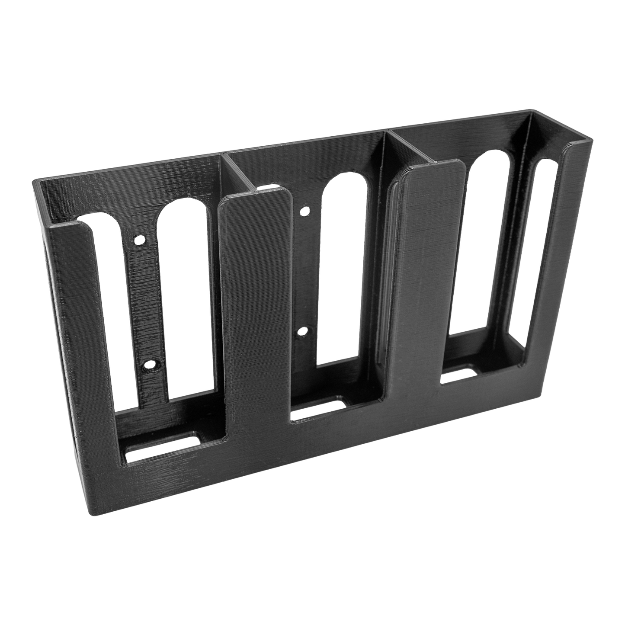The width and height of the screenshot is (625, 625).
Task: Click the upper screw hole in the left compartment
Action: (x=139, y=239)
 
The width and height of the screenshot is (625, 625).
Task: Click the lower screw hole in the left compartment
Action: (x=150, y=365)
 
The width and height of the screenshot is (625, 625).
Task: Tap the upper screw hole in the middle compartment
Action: (x=304, y=212)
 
